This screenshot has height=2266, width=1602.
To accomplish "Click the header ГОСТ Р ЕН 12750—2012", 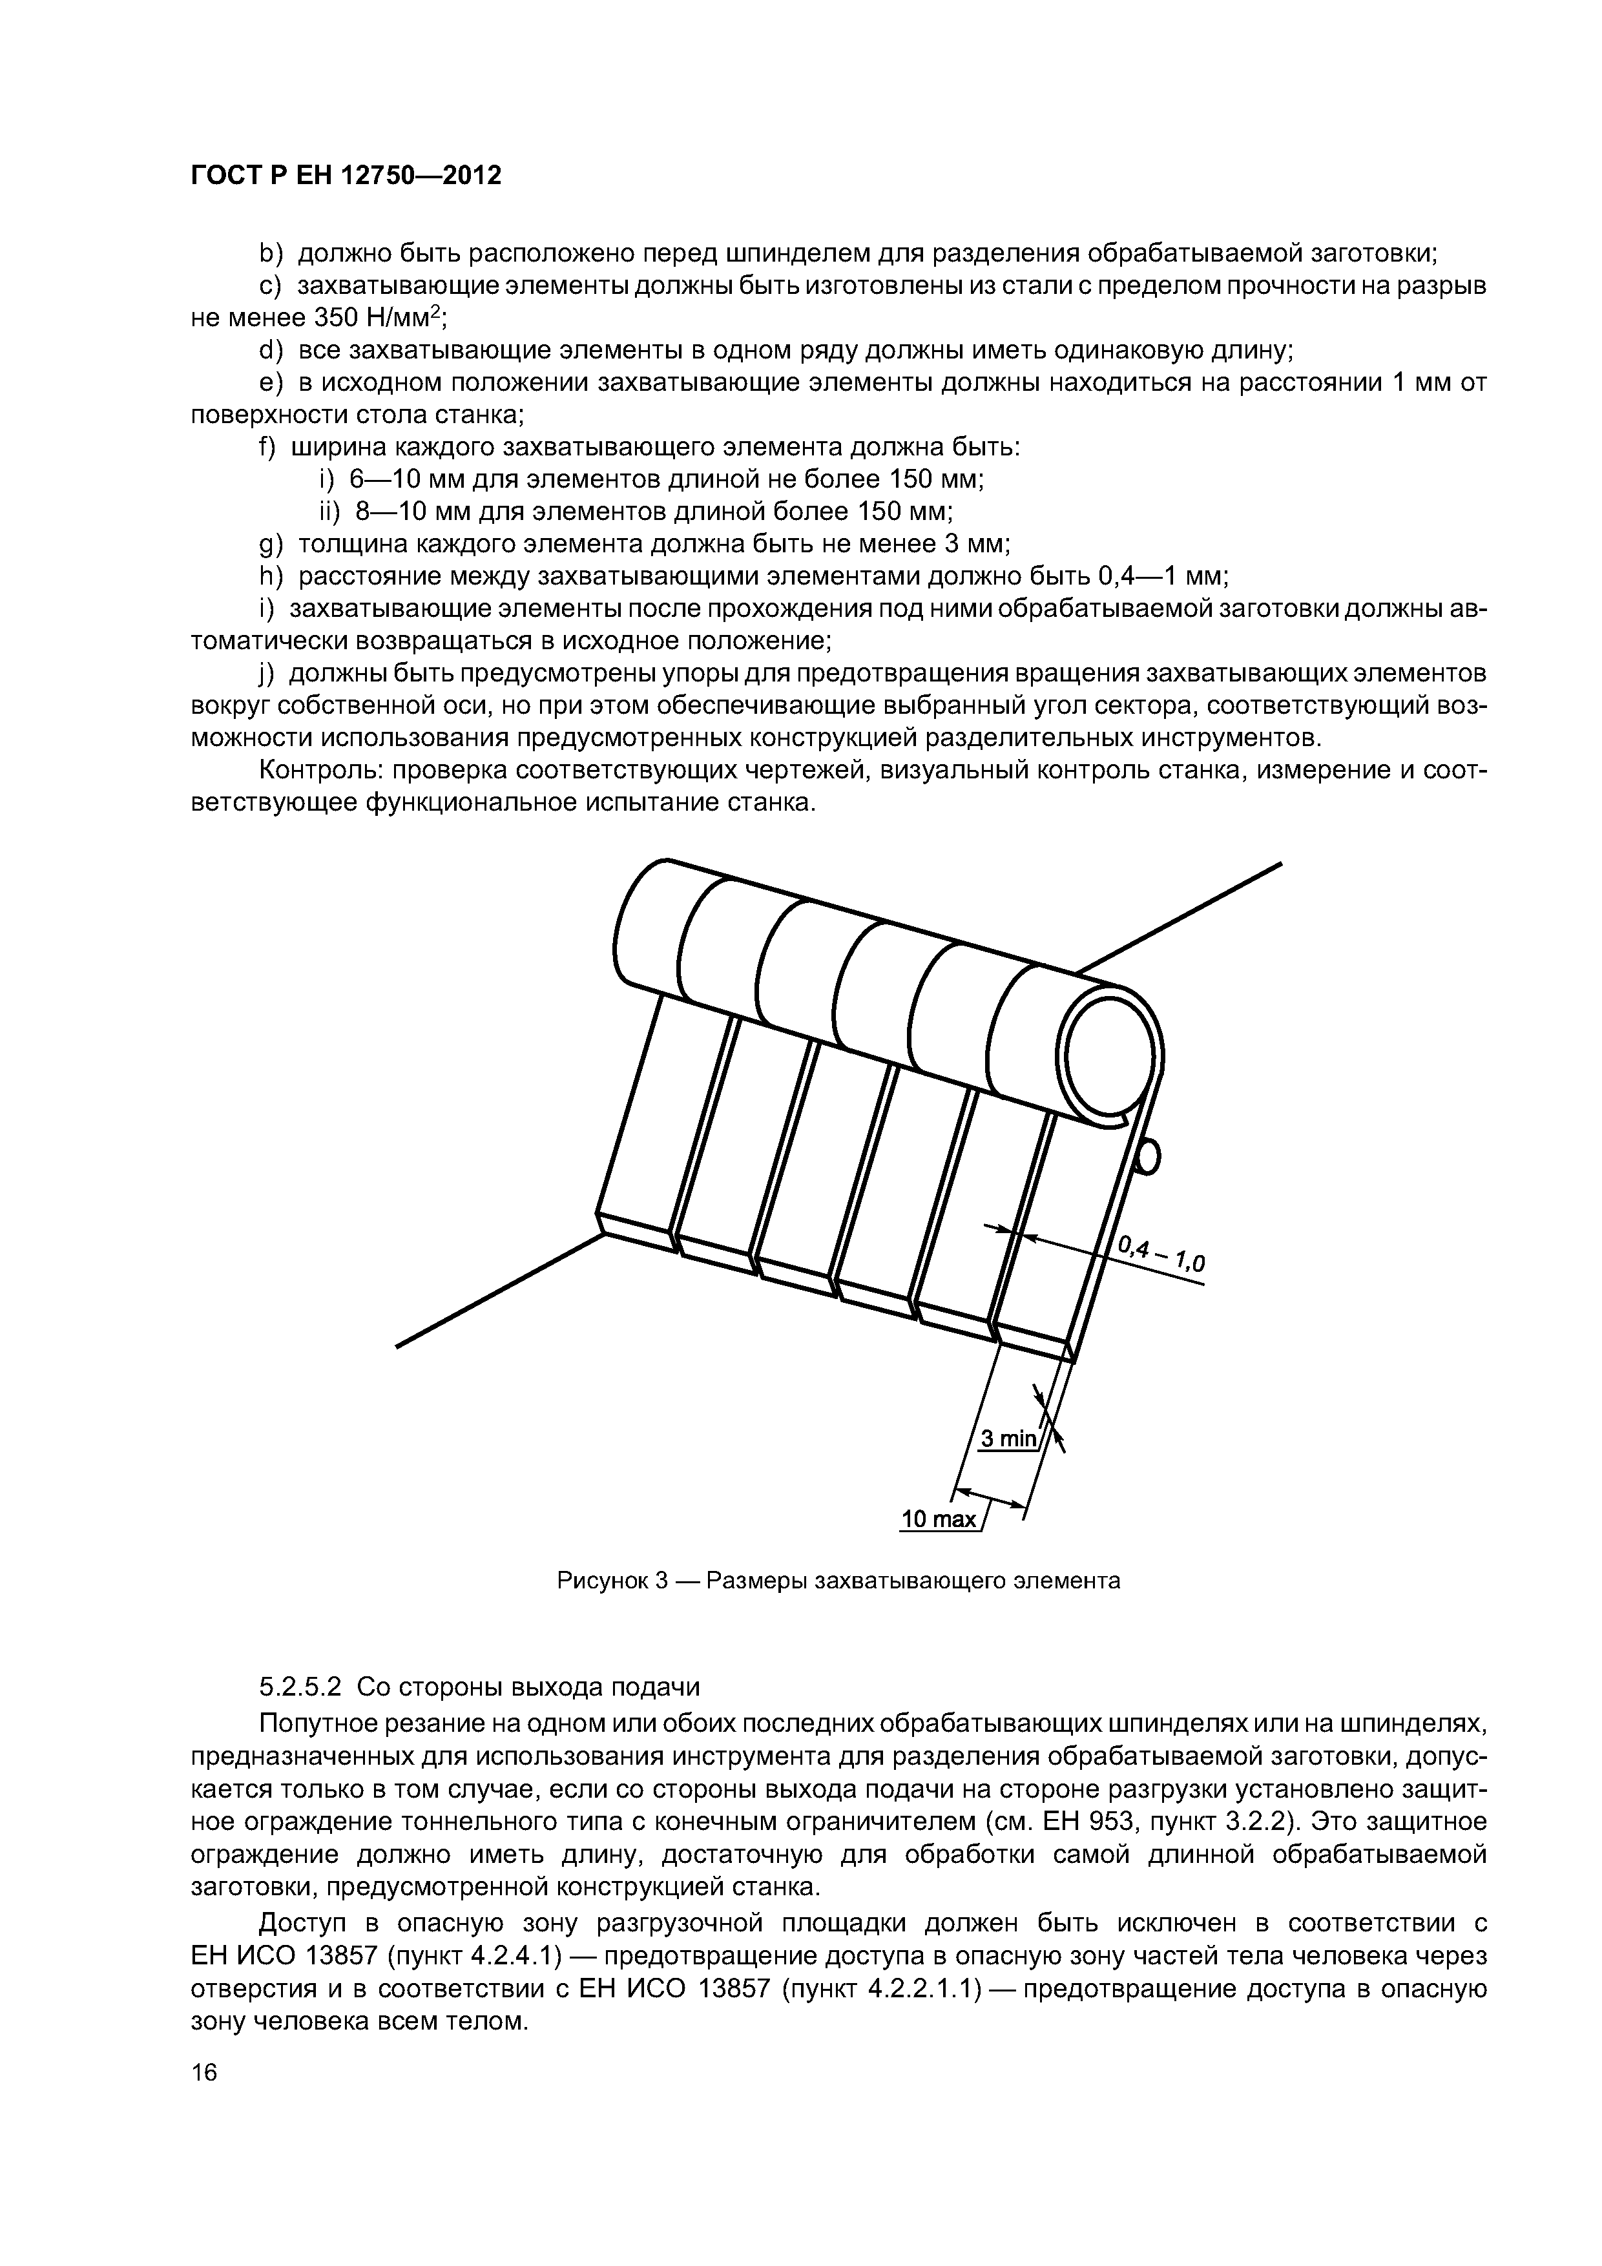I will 346,176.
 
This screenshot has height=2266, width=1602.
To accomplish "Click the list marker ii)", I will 328,511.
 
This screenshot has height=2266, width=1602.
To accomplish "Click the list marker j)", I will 265,673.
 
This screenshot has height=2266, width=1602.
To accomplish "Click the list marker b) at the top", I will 269,254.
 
